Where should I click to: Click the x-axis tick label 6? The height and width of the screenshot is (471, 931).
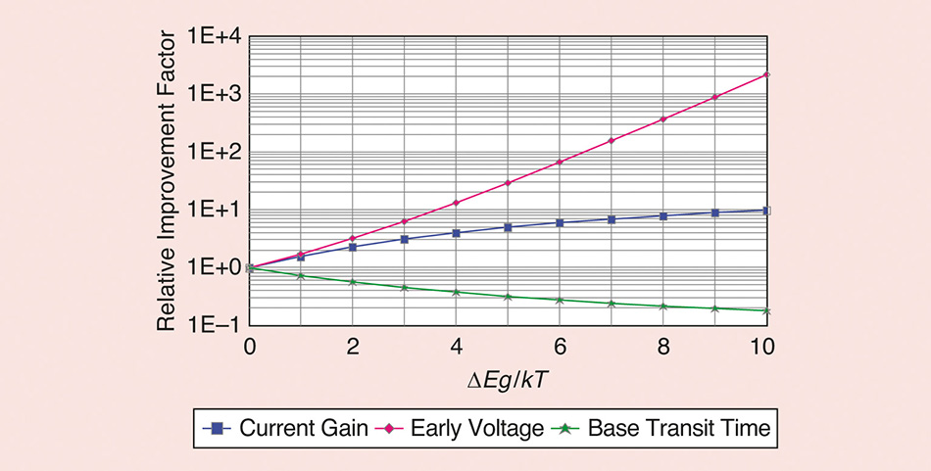point(559,346)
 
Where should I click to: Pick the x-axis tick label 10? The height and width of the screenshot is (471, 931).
point(764,346)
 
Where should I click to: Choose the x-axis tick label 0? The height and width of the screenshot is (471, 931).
point(250,346)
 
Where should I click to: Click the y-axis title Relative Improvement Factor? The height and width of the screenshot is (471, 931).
point(168,180)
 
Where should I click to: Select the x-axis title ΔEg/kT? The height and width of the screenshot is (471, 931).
point(509,379)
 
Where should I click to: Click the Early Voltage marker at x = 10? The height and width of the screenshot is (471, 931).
point(766,74)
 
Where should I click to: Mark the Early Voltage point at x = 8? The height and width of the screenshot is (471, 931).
point(663,119)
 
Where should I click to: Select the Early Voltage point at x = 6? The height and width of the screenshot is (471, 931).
point(560,162)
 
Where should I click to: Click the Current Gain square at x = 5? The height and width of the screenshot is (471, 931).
point(508,227)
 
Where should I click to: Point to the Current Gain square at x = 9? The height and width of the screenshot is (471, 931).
point(714,212)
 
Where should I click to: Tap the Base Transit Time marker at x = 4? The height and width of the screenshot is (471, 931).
point(457,292)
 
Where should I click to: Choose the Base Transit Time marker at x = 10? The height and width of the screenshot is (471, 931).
point(766,310)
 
